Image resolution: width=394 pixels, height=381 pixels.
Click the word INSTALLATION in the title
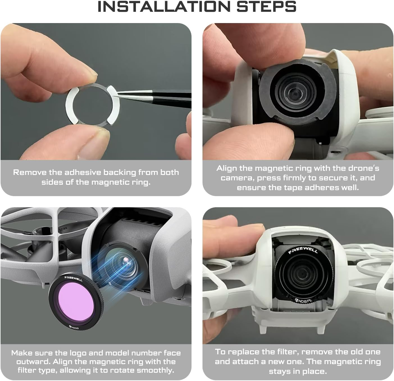pos(164,6)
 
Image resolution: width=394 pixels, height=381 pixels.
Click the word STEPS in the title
pos(267,6)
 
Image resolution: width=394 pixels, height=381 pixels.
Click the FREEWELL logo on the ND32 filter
pos(73,279)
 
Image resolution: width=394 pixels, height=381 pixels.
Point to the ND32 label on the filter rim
pos(74,327)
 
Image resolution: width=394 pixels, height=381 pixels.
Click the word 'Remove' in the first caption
pos(30,172)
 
